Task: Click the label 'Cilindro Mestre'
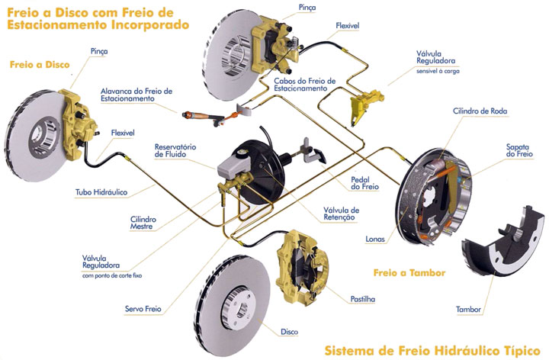click(x=143, y=223)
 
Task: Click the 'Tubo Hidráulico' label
click(x=101, y=192)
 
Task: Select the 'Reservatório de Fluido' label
click(x=175, y=149)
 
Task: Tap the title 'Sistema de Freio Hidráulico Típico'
click(x=432, y=351)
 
